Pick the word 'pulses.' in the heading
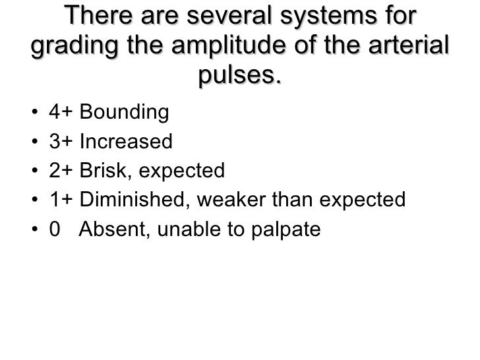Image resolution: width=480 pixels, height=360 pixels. (x=239, y=77)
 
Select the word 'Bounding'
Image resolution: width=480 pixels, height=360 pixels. (x=124, y=113)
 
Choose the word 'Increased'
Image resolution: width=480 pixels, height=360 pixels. (x=126, y=142)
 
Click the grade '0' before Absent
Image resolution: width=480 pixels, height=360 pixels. (x=54, y=229)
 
